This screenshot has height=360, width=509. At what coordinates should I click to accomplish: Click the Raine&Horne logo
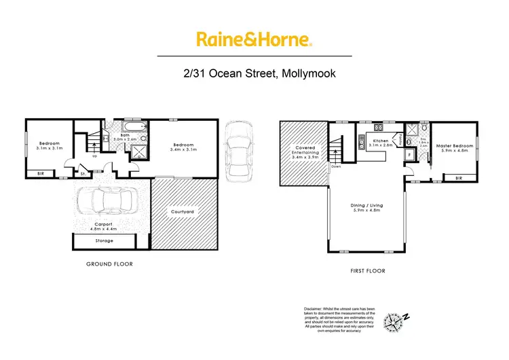(254, 39)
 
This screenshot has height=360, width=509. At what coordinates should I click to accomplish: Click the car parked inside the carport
(106, 202)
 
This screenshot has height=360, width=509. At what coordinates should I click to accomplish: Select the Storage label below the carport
(104, 240)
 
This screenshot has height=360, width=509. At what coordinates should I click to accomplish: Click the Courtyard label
(182, 212)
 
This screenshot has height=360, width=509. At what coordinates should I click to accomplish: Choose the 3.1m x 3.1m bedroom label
(49, 147)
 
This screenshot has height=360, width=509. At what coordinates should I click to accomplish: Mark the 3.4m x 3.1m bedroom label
(183, 147)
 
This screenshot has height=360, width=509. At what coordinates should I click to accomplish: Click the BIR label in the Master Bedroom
(459, 178)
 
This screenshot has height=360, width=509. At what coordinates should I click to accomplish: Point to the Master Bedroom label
(453, 148)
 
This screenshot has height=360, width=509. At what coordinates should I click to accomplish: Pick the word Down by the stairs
(336, 166)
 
